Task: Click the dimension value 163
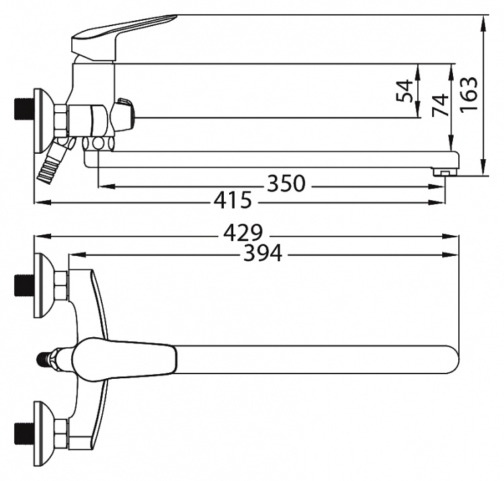pos(469,94)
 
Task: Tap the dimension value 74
pos(440,105)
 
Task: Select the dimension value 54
pos(405,91)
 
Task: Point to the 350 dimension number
pos(286,183)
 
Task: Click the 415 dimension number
pos(233,200)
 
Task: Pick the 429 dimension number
pos(243,233)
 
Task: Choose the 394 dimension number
pos(263,253)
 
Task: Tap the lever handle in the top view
pos(124,359)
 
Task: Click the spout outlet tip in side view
pos(445,173)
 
